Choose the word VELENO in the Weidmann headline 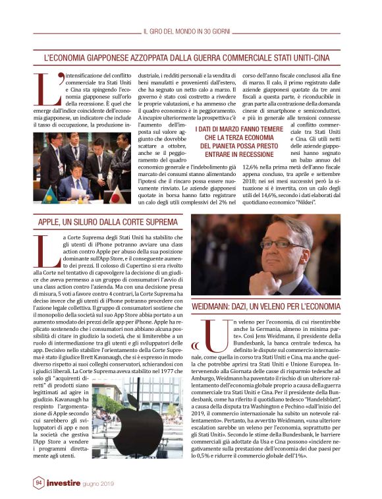[x=292, y=307]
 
